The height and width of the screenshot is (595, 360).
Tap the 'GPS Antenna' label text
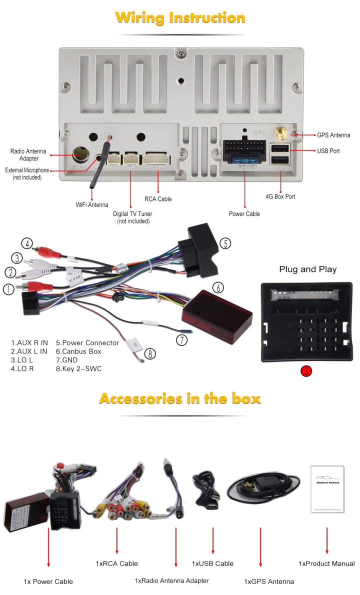[x=333, y=135]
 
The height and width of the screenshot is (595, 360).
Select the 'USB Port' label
[x=328, y=150]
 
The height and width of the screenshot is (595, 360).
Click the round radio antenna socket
[x=80, y=154]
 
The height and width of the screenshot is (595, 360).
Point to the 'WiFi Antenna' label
[x=92, y=204]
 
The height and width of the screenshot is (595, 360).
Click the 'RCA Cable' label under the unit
[x=158, y=199]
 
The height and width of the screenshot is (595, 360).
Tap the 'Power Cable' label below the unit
[x=244, y=214]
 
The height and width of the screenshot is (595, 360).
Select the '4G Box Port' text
[x=280, y=196]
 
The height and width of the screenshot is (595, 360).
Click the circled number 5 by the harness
[x=225, y=243]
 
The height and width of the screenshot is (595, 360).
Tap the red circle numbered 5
[x=306, y=371]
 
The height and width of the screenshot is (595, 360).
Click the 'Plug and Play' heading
[x=307, y=269]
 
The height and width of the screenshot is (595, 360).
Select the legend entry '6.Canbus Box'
[x=78, y=351]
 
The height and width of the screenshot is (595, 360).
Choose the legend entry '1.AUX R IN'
[x=29, y=342]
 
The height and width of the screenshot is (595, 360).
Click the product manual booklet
[x=327, y=489]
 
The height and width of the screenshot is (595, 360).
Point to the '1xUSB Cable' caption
[x=212, y=563]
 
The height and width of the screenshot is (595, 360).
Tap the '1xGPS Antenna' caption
[x=269, y=581]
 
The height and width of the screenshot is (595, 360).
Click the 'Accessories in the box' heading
[x=180, y=399]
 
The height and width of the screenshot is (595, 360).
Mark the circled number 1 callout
[x=8, y=289]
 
